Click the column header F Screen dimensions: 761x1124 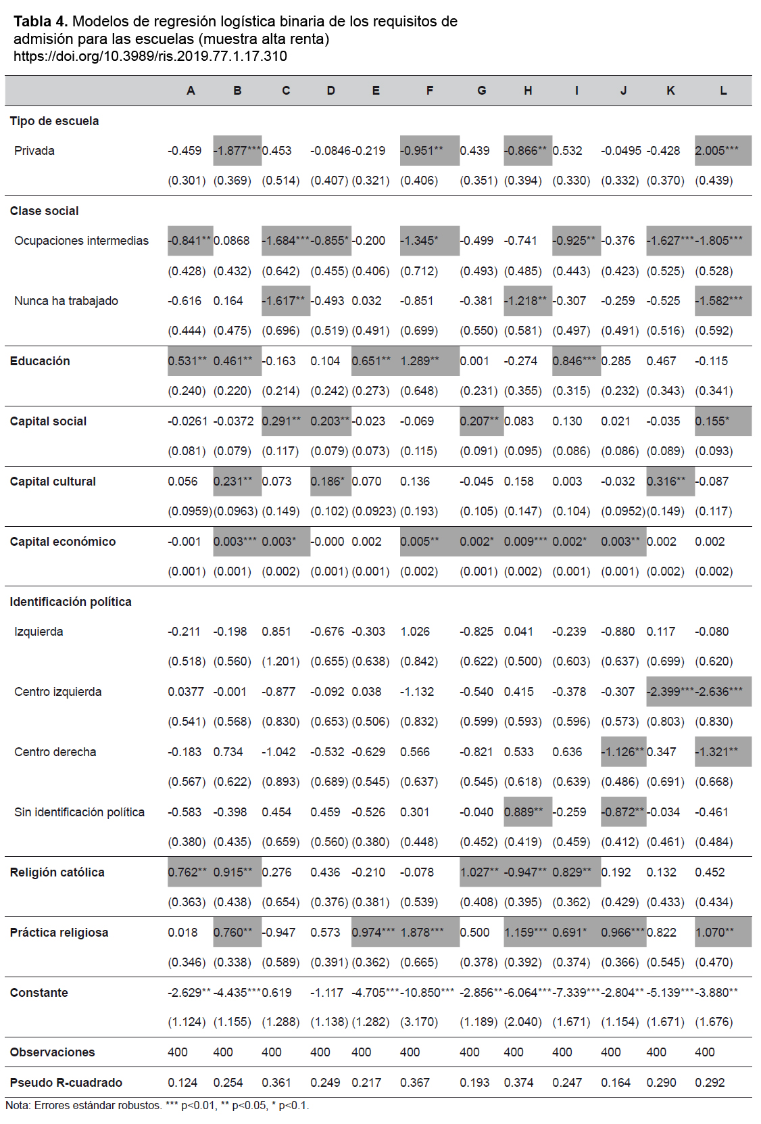(430, 91)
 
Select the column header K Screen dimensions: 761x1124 (670, 91)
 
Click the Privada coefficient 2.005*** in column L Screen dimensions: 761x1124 (716, 151)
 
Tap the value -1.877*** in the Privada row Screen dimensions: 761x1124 (237, 151)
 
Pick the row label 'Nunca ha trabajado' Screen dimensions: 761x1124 (66, 301)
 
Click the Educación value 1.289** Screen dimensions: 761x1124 (419, 361)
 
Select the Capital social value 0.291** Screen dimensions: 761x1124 (280, 421)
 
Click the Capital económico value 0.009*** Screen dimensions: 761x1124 (525, 542)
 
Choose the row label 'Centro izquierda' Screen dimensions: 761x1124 (57, 692)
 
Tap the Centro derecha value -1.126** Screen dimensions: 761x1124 (622, 751)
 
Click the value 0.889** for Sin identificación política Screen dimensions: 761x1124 (523, 812)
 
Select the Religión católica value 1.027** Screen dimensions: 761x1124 (479, 872)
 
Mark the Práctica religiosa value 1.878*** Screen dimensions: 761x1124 (422, 933)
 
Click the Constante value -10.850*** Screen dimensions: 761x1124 (427, 993)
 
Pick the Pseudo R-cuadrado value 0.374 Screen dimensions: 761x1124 (518, 1083)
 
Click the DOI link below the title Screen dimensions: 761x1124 (151, 56)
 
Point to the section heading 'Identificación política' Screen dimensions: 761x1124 (71, 602)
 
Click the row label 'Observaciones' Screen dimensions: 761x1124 (52, 1052)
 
